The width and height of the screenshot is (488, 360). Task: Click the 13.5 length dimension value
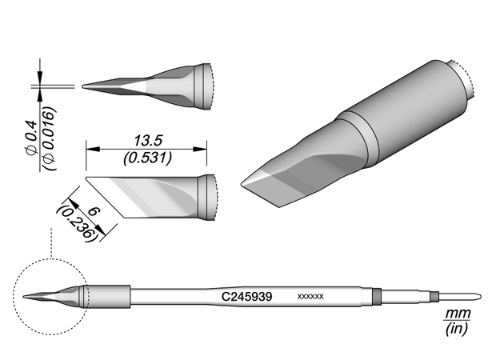coord(148,141)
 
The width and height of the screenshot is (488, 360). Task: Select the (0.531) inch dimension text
coord(147,158)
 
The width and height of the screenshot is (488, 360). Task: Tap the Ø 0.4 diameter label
coord(32,138)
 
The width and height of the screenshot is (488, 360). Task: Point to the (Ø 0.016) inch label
coord(50,138)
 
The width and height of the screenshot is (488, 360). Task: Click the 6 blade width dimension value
coord(94,212)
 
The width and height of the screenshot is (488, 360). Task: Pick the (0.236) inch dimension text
coord(76,222)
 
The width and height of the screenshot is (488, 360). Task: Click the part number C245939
coord(247,297)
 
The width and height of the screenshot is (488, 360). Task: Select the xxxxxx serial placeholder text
coord(310,297)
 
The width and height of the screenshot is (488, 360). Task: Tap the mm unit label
coord(457,314)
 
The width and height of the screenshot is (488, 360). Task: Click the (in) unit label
coord(457,329)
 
